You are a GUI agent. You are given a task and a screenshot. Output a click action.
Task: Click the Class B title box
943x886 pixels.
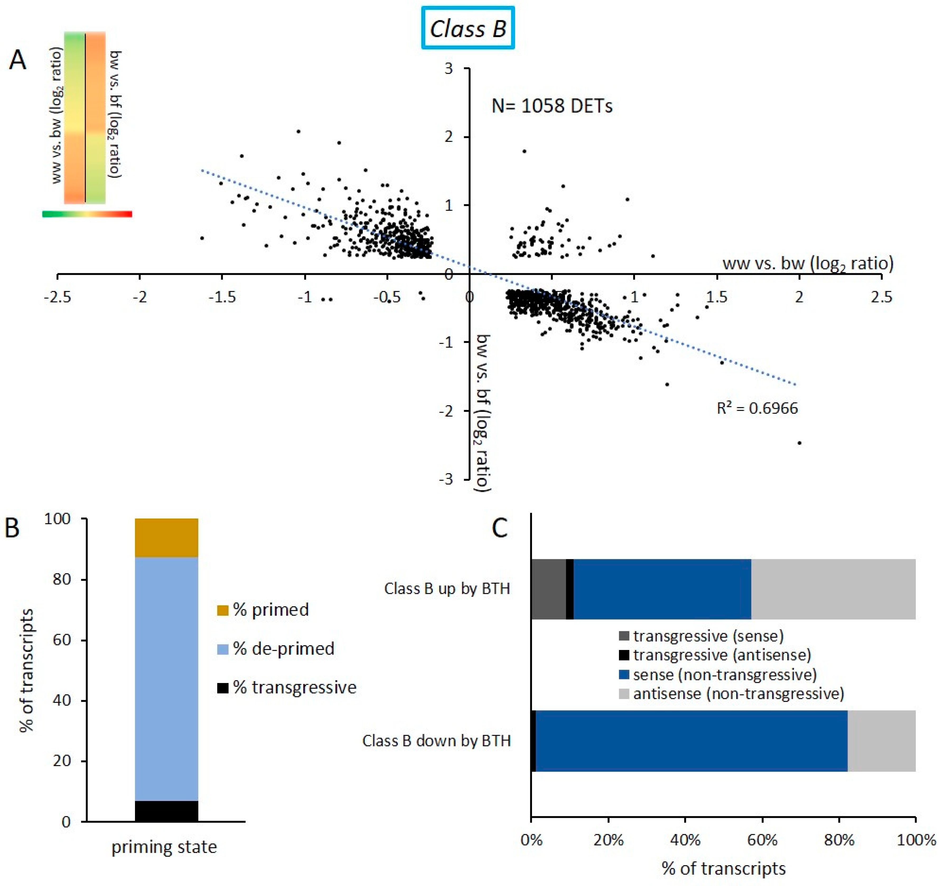click(x=468, y=29)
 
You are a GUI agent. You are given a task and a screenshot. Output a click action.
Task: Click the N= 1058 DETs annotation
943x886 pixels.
click(x=552, y=106)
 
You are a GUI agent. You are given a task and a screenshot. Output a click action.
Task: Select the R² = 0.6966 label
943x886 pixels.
click(x=757, y=408)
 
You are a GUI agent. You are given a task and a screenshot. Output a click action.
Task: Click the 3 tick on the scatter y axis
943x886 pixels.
click(x=449, y=69)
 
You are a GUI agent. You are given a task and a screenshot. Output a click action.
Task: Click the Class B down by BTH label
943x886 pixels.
click(x=436, y=741)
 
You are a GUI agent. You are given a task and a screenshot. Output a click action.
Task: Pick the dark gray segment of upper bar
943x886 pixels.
click(x=548, y=589)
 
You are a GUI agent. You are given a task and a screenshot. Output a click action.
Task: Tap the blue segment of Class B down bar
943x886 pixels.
click(x=691, y=741)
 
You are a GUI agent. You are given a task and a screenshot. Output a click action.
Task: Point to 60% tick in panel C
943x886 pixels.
click(x=762, y=841)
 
